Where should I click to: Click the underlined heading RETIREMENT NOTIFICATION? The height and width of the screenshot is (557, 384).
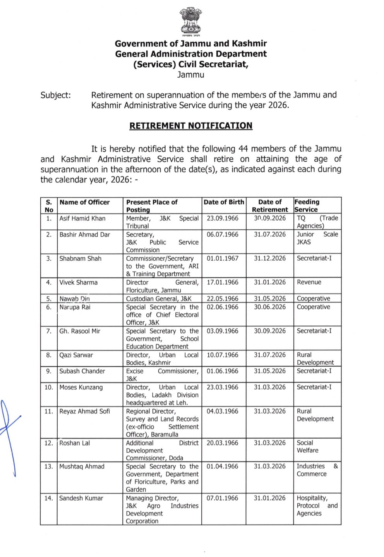tap(191, 126)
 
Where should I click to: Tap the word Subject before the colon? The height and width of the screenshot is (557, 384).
tap(55, 95)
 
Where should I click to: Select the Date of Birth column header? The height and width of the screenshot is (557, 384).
tap(224, 202)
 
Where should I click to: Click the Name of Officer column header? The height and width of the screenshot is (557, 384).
tap(84, 202)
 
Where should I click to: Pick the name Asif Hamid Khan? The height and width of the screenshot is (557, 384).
tap(82, 219)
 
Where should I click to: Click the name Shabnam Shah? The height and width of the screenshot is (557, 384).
tap(80, 259)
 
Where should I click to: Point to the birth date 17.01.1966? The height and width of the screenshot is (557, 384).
tap(222, 282)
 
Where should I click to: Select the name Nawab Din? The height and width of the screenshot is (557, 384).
tap(74, 299)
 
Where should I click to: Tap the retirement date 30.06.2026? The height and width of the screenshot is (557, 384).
tap(269, 307)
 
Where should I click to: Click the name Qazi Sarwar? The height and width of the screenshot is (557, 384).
tap(76, 355)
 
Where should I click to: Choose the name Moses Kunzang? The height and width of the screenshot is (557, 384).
tap(81, 387)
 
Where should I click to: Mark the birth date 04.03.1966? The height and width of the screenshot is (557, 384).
tap(222, 411)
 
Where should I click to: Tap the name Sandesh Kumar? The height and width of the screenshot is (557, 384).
tap(81, 498)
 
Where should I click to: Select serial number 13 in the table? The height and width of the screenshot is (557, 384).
tap(48, 466)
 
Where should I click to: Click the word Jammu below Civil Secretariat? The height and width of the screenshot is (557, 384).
tap(190, 75)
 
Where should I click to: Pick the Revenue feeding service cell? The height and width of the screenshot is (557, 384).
tap(309, 282)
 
